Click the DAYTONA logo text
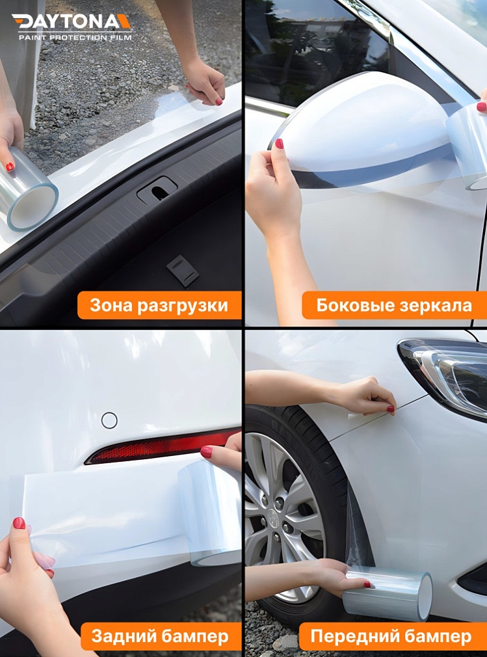click(x=72, y=21)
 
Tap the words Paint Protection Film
click(x=75, y=38)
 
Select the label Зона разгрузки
click(x=159, y=305)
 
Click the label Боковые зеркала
click(x=394, y=305)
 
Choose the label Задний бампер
click(x=159, y=636)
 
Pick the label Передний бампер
click(x=391, y=636)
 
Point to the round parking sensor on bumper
click(x=109, y=420)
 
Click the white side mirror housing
click(x=364, y=124)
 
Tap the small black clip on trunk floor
click(x=183, y=270)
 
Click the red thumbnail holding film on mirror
click(x=279, y=144)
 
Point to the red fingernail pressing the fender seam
click(x=390, y=409)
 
